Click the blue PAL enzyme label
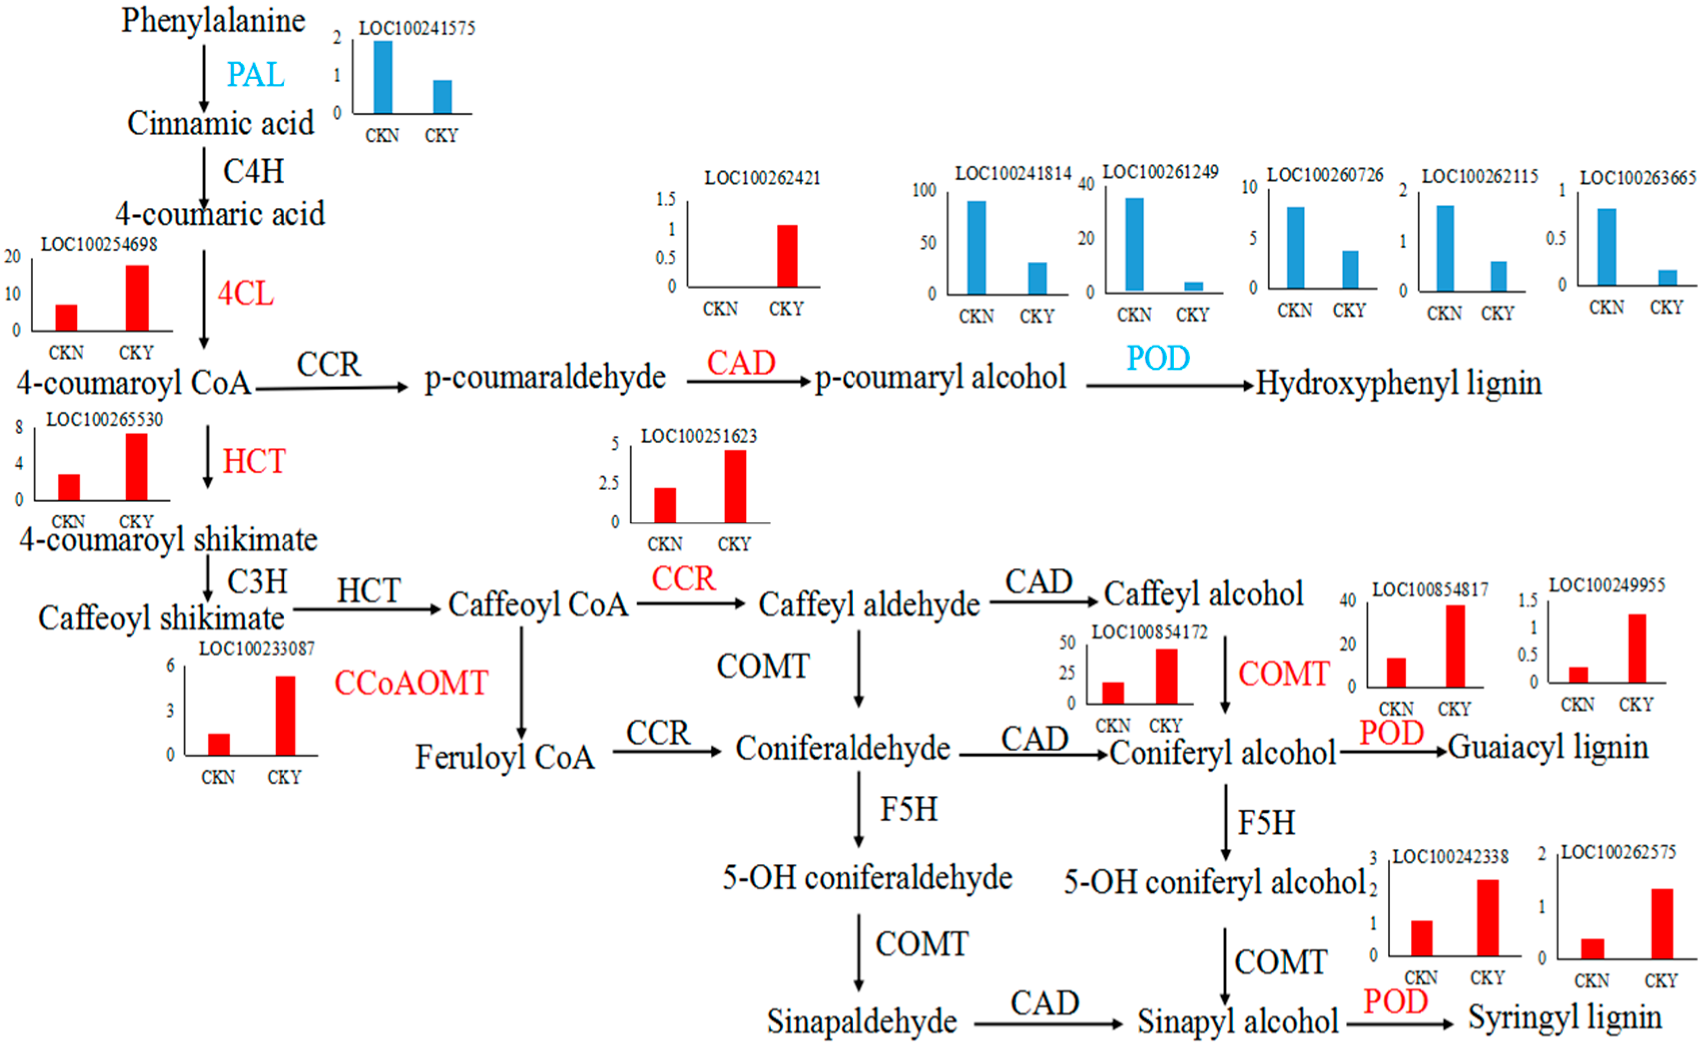[x=255, y=74]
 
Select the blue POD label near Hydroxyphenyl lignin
[x=1157, y=358]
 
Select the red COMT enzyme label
[x=1283, y=673]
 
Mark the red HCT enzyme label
[x=254, y=461]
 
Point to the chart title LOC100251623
[x=698, y=436]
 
